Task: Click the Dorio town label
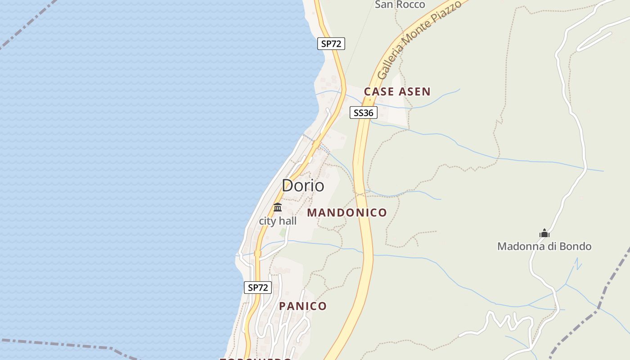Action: pyautogui.click(x=303, y=185)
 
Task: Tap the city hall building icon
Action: pyautogui.click(x=278, y=207)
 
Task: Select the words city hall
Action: pyautogui.click(x=278, y=221)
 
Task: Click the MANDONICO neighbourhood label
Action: pyautogui.click(x=347, y=213)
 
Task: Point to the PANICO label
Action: pyautogui.click(x=303, y=306)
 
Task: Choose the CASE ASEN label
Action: pyautogui.click(x=397, y=92)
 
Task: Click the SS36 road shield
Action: pyautogui.click(x=363, y=112)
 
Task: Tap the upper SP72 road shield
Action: pyautogui.click(x=331, y=44)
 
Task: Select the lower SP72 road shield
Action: pyautogui.click(x=258, y=288)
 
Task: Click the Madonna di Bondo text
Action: pyautogui.click(x=544, y=246)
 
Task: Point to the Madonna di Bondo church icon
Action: pyautogui.click(x=544, y=234)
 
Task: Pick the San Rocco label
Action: pyautogui.click(x=400, y=4)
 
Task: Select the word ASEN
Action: pyautogui.click(x=414, y=92)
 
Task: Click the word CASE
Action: pyautogui.click(x=379, y=92)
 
